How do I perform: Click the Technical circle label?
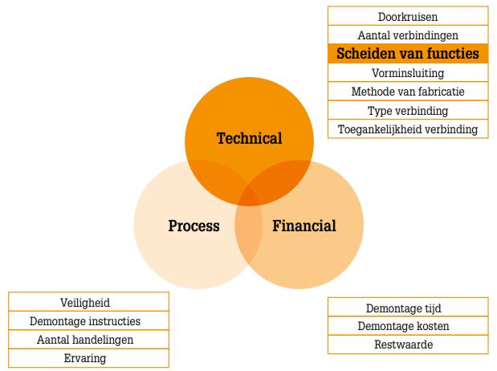pyautogui.click(x=249, y=139)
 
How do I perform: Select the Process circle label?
pyautogui.click(x=194, y=226)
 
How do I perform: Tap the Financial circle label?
pyautogui.click(x=304, y=226)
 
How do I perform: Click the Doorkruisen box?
pyautogui.click(x=408, y=16)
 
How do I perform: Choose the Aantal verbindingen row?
pyautogui.click(x=408, y=35)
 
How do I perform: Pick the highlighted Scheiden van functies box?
pyautogui.click(x=408, y=53)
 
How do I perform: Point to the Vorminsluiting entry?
pyautogui.click(x=408, y=72)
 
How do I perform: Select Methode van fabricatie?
pyautogui.click(x=408, y=92)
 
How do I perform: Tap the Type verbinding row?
pyautogui.click(x=408, y=110)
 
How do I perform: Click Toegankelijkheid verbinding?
pyautogui.click(x=408, y=129)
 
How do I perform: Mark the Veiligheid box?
pyautogui.click(x=89, y=302)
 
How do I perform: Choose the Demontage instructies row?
pyautogui.click(x=89, y=321)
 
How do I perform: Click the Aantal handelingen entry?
pyautogui.click(x=89, y=340)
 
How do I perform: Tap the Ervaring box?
pyautogui.click(x=89, y=358)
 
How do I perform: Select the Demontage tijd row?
pyautogui.click(x=408, y=308)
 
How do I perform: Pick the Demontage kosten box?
pyautogui.click(x=408, y=326)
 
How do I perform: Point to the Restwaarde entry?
pyautogui.click(x=408, y=344)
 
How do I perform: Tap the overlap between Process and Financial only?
pyautogui.click(x=249, y=234)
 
